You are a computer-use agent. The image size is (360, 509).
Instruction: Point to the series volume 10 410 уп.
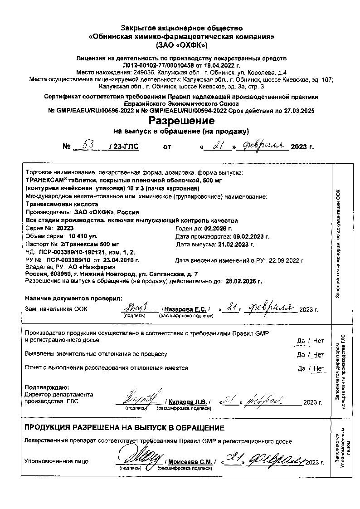83,236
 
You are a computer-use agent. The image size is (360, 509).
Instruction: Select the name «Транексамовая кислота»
56,204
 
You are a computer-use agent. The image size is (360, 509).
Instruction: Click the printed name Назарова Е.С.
185,309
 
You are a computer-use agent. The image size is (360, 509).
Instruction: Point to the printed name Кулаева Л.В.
187,402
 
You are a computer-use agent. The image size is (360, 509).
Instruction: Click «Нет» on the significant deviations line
319,354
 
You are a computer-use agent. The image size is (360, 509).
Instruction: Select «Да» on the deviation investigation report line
302,368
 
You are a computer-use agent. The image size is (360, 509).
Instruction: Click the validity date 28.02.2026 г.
243,281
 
